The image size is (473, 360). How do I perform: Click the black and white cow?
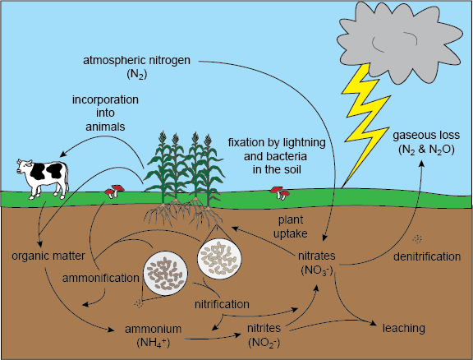point(42,179)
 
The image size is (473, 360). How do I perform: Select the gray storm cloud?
point(400,42)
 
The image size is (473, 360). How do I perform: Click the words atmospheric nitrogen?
point(136,60)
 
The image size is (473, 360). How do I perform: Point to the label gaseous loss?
point(426,135)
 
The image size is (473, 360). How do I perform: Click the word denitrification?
point(427,256)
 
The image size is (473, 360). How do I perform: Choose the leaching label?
point(404,328)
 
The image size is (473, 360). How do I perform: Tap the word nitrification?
point(222,304)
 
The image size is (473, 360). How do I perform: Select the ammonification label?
point(101,278)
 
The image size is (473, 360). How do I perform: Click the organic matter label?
point(48,256)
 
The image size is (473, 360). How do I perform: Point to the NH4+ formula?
point(154,343)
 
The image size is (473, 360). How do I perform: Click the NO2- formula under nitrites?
point(264,343)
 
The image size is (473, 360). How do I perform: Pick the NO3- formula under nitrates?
point(317,270)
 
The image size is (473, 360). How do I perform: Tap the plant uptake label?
point(291,227)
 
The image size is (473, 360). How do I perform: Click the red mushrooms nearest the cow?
point(114,191)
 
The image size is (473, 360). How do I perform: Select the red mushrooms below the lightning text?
point(280,193)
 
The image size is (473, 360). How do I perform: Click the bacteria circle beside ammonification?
point(165,273)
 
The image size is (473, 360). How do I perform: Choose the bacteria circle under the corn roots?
point(219,257)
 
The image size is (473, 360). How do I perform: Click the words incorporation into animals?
point(105,113)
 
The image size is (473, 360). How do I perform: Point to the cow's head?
point(24,166)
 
